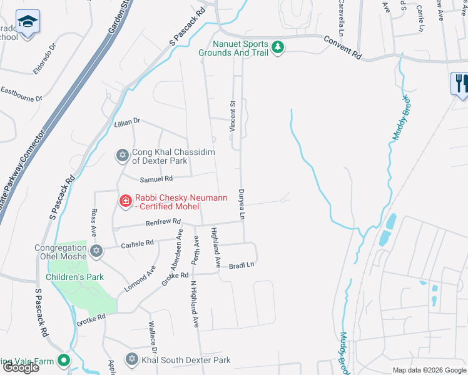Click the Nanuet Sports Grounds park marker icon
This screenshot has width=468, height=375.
[278, 47]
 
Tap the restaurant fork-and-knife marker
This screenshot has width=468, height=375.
[459, 82]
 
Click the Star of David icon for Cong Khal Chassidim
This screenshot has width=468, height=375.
[123, 154]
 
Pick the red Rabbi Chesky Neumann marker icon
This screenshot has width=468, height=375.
[125, 200]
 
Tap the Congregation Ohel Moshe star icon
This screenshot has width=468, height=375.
[96, 251]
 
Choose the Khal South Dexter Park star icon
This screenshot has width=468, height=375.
[131, 359]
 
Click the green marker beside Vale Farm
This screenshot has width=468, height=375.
[63, 360]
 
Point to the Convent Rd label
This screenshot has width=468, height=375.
[343, 47]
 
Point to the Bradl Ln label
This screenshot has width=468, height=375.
[242, 265]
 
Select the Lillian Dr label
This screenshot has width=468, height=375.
[128, 122]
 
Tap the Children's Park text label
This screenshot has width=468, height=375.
[74, 276]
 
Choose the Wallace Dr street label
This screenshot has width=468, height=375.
[152, 338]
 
